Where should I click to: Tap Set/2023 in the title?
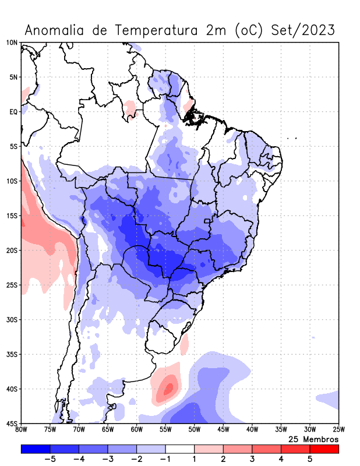(x=303, y=30)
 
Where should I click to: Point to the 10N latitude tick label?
(x=12, y=43)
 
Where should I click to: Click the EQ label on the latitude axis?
(x=13, y=112)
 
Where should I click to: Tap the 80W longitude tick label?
(x=22, y=430)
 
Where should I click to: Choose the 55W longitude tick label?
(x=165, y=430)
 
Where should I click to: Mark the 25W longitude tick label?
(x=338, y=430)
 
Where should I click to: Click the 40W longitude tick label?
(x=252, y=430)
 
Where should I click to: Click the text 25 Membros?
(x=313, y=439)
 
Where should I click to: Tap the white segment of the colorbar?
(x=179, y=449)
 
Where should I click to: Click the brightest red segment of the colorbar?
(x=324, y=449)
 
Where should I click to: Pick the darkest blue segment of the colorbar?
(x=36, y=449)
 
